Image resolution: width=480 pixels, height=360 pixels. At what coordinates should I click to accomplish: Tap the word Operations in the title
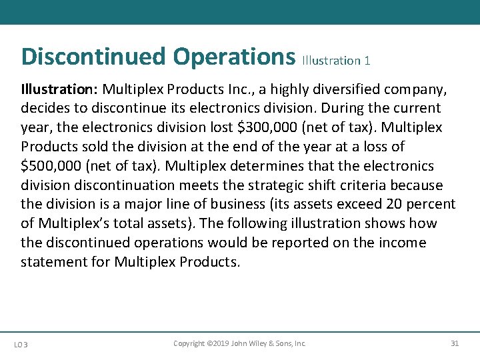tap(234, 57)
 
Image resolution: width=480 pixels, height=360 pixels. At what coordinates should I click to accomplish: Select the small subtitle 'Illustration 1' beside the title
tap(336, 61)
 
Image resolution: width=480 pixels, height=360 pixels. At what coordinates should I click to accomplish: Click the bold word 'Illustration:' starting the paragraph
tap(59, 89)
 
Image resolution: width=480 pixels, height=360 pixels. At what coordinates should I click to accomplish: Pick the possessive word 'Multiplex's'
tap(77, 223)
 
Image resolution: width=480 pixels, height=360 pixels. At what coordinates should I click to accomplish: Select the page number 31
tap(455, 343)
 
